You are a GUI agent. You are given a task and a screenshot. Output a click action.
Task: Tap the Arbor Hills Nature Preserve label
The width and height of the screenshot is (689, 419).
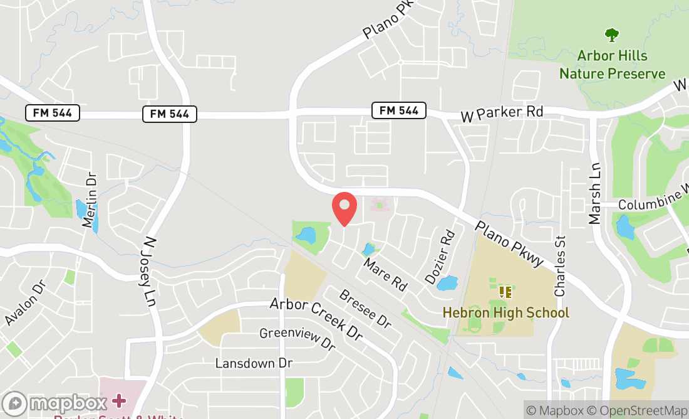point(612,65)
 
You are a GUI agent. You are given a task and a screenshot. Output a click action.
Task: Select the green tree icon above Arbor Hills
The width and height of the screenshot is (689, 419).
point(611,34)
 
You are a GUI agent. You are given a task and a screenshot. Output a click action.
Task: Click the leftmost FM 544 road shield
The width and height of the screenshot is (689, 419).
point(53,113)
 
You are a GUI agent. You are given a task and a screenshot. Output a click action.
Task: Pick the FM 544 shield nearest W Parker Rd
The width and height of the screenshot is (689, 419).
point(399,110)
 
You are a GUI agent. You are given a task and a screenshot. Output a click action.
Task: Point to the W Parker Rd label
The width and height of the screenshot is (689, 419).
point(502,114)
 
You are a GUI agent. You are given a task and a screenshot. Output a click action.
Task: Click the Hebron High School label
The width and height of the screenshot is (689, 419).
point(505,312)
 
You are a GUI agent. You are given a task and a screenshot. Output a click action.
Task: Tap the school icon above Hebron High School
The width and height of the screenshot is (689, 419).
point(505,292)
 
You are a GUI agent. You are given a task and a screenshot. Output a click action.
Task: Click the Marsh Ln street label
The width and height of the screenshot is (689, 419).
point(594,193)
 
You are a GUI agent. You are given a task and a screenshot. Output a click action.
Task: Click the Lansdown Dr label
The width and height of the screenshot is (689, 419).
point(254,363)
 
